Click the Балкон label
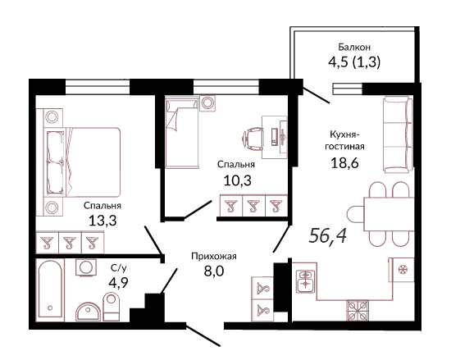354,47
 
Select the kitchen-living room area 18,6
344,163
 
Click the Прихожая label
214,256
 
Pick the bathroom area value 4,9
118,282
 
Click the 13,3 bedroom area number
102,221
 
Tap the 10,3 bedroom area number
238,180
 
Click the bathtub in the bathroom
50,289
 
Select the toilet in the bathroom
111,307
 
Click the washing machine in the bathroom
86,267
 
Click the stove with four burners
358,310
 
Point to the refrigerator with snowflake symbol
401,270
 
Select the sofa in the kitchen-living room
398,134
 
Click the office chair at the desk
253,139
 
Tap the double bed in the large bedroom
82,162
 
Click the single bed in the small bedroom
182,132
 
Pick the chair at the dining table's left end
356,214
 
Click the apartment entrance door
203,335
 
